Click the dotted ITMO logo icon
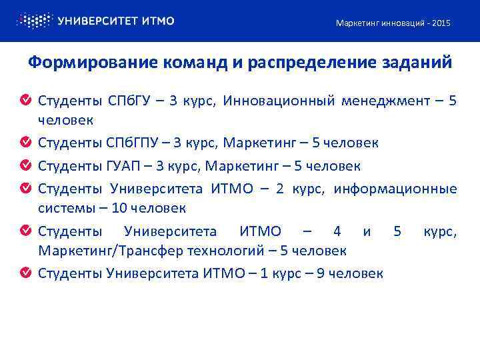tap(33, 21)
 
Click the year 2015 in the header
tap(441, 23)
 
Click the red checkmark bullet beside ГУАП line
tap(25, 165)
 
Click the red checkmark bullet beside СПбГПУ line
tap(25, 143)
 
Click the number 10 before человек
tap(119, 208)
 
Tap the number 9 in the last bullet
tap(321, 273)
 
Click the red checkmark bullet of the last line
tap(25, 273)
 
